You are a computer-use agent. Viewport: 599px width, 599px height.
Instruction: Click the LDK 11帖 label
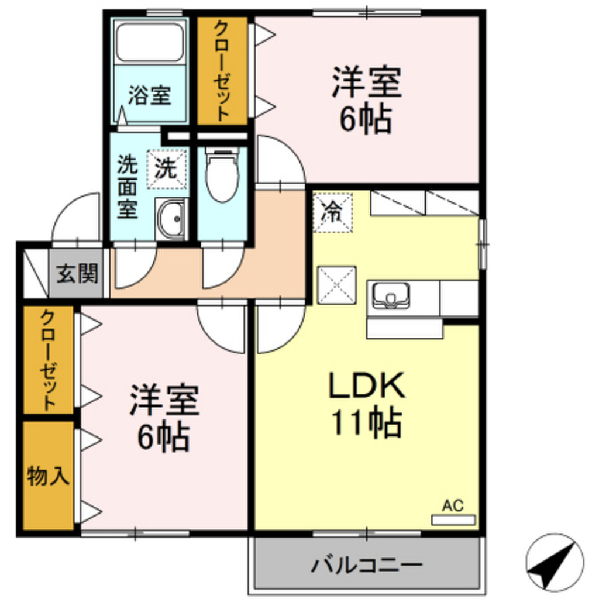click(367, 404)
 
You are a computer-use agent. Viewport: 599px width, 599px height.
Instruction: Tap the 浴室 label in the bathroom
click(150, 95)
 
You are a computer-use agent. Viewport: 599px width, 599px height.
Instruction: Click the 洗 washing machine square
click(166, 169)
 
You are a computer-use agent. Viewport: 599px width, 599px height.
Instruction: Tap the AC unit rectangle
click(453, 519)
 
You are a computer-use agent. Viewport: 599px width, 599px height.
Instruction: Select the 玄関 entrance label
click(77, 273)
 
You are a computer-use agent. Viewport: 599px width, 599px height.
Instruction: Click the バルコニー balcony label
click(366, 566)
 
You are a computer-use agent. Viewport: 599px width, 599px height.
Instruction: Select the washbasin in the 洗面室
click(171, 219)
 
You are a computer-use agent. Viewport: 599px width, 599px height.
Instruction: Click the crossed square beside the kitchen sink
click(337, 285)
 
